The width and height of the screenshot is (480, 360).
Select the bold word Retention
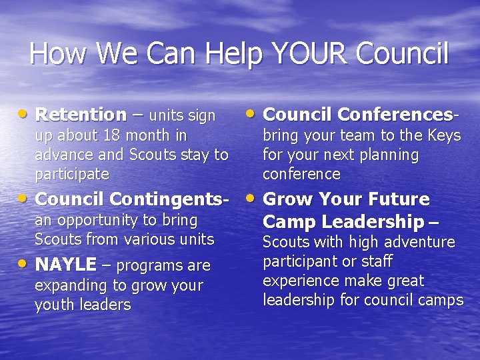[81, 115]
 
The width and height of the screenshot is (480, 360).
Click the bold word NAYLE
[65, 265]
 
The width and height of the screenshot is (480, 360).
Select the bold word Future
[397, 199]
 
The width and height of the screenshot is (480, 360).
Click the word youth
[53, 305]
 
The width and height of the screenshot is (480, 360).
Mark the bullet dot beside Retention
[24, 113]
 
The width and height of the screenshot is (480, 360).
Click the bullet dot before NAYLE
[24, 263]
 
